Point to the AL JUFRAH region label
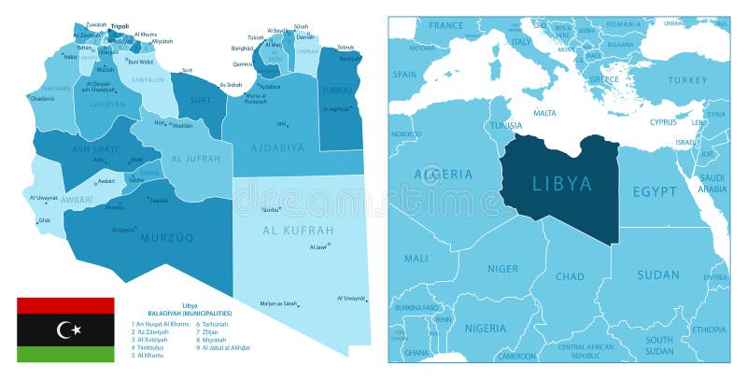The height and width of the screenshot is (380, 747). (x=196, y=159)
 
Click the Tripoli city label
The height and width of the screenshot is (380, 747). (x=120, y=26)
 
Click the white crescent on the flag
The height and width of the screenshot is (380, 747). (x=64, y=330)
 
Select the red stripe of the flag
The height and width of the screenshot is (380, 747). (x=65, y=306)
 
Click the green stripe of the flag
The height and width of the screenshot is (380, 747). (x=65, y=354)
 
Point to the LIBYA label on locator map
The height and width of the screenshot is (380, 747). (x=562, y=184)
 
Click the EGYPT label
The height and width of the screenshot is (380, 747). (x=655, y=190)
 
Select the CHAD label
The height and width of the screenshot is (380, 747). (x=571, y=276)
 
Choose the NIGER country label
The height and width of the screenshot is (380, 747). (x=502, y=269)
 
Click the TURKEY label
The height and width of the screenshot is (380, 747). (x=688, y=80)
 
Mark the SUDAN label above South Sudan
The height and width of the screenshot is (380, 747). (x=658, y=274)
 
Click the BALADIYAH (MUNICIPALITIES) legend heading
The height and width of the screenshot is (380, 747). (x=190, y=313)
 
